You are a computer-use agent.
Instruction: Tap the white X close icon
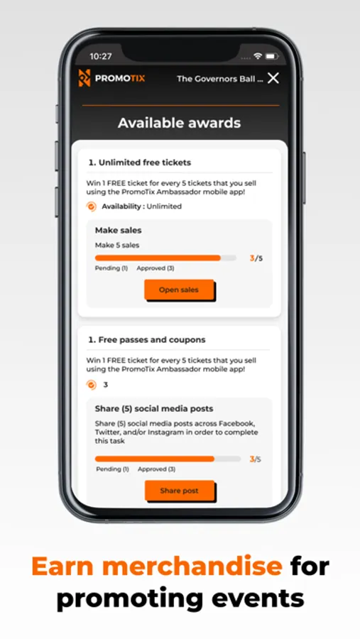pos(273,78)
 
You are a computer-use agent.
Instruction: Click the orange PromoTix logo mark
pos(84,78)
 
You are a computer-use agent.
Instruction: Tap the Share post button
pos(180,491)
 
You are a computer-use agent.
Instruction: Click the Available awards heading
pos(180,123)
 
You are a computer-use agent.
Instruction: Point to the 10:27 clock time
pos(101,56)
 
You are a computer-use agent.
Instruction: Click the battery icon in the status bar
pos(272,56)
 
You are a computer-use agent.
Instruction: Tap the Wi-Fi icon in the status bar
pos(257,56)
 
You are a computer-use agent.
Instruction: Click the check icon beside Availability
pos(92,207)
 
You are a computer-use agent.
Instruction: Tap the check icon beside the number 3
pos(92,385)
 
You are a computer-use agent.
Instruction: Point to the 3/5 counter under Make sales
pos(256,258)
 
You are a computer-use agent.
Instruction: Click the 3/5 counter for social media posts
pos(255,459)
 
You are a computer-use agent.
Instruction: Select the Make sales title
pos(119,230)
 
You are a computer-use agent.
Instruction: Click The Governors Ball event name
pos(219,79)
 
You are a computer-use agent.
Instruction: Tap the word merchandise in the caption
pos(192,567)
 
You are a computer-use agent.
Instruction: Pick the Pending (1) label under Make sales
pos(111,268)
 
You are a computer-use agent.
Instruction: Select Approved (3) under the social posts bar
pos(156,469)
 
